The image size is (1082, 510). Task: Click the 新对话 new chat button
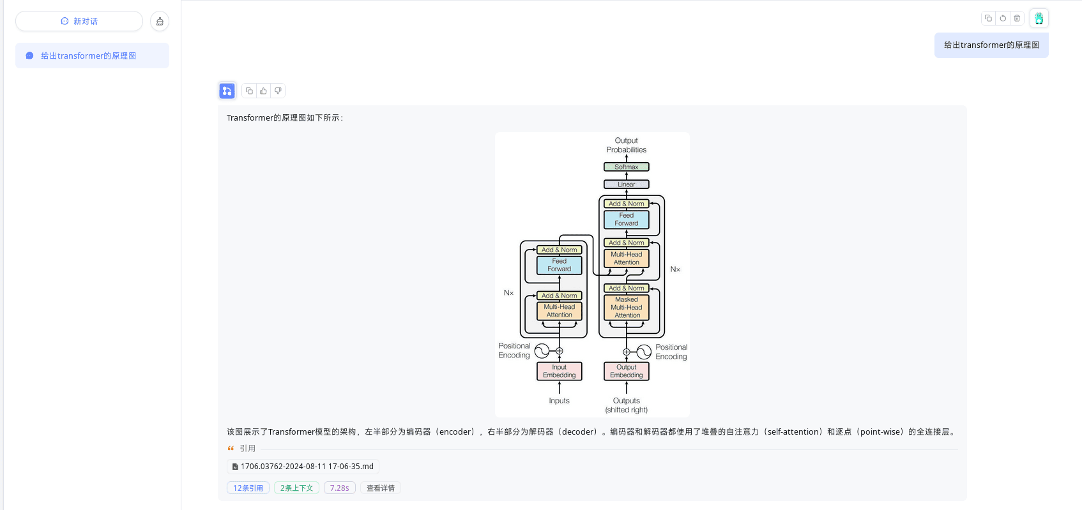[79, 21]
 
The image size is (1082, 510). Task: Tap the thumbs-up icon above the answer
[263, 91]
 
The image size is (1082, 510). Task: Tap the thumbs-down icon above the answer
[278, 91]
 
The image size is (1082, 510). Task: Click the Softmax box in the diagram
[626, 167]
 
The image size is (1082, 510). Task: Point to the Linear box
[626, 184]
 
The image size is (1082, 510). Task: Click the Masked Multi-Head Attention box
[626, 307]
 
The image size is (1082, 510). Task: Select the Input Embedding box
[559, 371]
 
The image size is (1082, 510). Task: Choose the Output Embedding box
[626, 371]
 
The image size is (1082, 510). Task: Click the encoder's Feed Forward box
[559, 265]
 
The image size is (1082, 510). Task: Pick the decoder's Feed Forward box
[626, 220]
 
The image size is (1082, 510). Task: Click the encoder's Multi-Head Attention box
[559, 311]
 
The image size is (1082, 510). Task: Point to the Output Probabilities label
[626, 145]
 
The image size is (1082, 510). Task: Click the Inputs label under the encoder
[559, 401]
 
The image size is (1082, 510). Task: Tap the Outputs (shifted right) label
[626, 405]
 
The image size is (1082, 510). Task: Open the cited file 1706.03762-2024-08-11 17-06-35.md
[303, 467]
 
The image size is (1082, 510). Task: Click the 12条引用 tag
[248, 488]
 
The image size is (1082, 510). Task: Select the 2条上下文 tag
[296, 488]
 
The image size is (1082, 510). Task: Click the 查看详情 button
[381, 488]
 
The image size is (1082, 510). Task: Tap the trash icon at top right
[1017, 18]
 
